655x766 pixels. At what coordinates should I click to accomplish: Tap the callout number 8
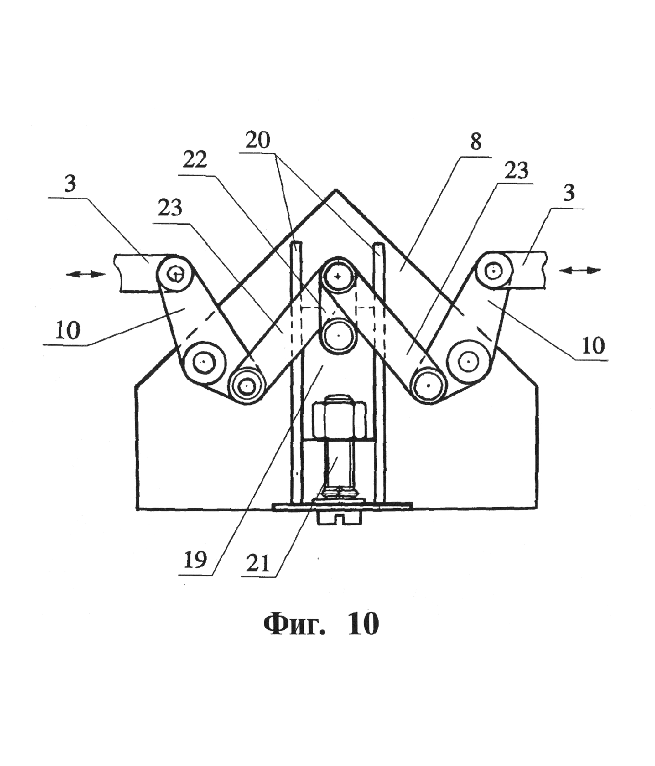pos(475,142)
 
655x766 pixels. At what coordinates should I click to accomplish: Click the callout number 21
pos(257,564)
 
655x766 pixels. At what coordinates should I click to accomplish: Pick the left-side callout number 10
pos(68,330)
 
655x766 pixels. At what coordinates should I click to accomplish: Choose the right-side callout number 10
pos(593,345)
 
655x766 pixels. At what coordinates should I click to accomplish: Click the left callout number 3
pos(70,184)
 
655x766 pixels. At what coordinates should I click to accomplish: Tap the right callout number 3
pos(568,193)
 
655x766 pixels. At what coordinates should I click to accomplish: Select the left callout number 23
pos(170,208)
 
